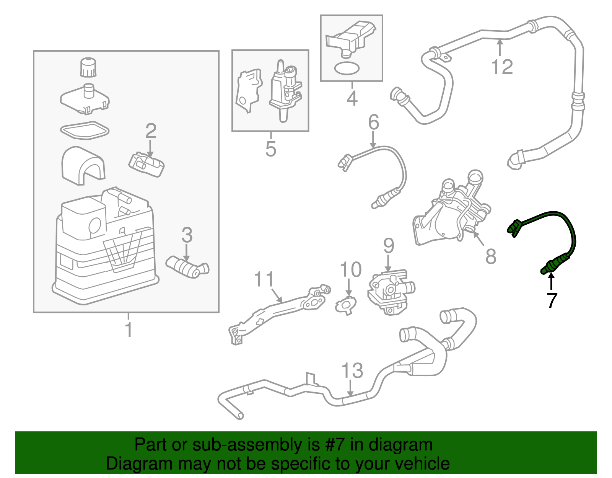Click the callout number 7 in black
551,300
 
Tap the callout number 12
502,67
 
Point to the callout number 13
352,370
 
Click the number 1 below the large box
129,330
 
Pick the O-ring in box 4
347,69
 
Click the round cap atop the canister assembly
88,67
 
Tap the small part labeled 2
146,165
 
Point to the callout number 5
271,148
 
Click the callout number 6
373,122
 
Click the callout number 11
264,279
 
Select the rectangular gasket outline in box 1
85,131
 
